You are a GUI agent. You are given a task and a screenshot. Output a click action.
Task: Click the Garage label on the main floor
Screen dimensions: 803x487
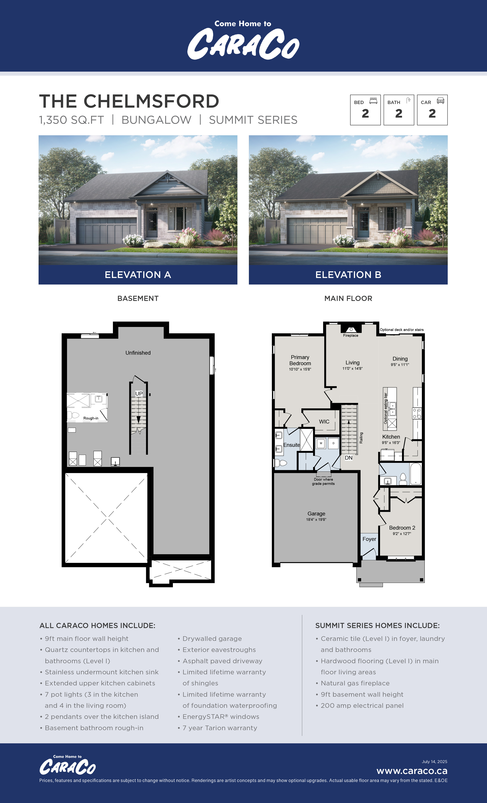tap(316, 514)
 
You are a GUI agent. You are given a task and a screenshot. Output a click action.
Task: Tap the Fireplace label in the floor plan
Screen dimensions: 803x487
tap(351, 335)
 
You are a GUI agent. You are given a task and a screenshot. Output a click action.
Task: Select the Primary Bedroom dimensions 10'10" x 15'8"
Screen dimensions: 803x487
tap(300, 369)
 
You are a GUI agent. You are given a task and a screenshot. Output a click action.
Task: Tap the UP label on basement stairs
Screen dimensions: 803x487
tap(139, 394)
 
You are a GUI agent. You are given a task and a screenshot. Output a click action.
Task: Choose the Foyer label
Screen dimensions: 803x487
tap(369, 539)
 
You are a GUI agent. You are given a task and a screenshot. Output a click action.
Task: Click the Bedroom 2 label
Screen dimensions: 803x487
tap(402, 528)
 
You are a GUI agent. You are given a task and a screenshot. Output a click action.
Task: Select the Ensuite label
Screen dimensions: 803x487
tap(291, 445)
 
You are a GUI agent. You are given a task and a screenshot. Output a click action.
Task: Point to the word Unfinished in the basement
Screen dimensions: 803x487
tap(138, 353)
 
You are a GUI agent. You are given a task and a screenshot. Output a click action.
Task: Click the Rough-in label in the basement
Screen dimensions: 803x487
tap(91, 418)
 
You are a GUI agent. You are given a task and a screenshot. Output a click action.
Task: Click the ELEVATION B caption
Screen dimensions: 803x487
tap(348, 275)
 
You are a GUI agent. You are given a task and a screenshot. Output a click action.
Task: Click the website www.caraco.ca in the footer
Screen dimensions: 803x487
tap(412, 771)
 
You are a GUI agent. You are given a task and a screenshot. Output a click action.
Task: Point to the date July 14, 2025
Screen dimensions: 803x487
tap(434, 762)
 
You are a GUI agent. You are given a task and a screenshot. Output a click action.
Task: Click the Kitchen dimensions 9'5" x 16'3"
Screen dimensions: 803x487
tap(391, 443)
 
